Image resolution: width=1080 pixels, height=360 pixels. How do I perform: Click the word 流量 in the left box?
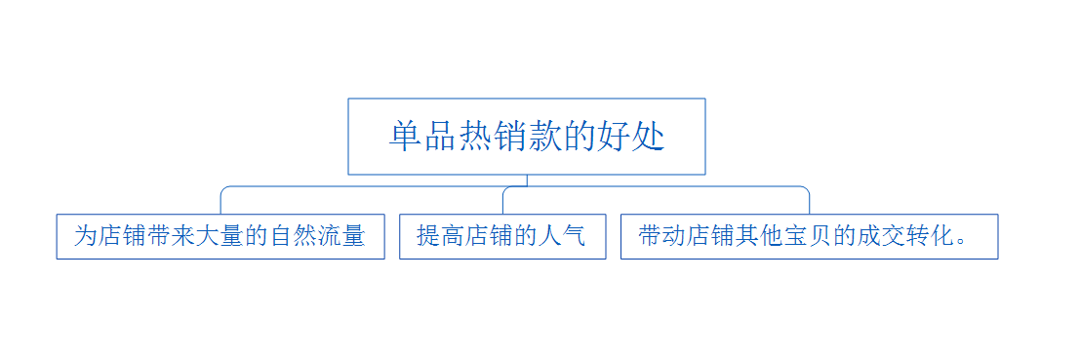pos(342,236)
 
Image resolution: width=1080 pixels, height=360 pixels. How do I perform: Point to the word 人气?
pos(562,236)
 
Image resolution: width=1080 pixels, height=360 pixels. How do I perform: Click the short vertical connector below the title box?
pos(527,180)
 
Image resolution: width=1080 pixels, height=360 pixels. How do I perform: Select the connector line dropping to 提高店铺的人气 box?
pos(502,200)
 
